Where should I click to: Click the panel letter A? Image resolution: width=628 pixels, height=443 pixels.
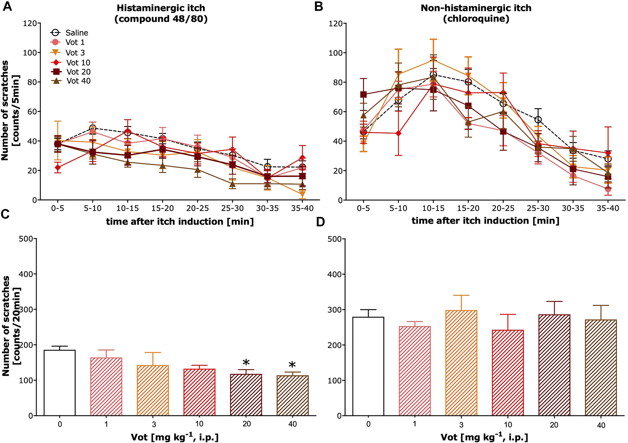coord(7,6)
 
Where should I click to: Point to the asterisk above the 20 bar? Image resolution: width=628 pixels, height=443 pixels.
coord(246,363)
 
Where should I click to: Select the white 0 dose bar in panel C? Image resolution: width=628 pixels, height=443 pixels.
coord(60,382)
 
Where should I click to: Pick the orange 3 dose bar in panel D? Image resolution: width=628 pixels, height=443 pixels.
coord(461,363)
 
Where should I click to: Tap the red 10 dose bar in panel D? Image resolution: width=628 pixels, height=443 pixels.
coord(508,373)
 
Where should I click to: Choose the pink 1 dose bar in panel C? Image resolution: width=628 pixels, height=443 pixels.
coord(106,386)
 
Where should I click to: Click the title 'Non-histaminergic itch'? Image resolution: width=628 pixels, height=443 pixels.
coord(476,8)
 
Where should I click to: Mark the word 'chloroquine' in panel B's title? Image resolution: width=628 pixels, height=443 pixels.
coord(476,18)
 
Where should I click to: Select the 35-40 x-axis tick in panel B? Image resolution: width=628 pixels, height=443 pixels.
coord(607,208)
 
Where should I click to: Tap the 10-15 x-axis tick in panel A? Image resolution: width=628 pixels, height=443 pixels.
coord(128,208)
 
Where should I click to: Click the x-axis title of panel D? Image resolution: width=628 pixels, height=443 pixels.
coord(484,437)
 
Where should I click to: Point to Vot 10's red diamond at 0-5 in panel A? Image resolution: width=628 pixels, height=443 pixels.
coord(58,167)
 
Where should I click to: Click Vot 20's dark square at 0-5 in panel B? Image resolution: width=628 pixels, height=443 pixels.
coord(363,94)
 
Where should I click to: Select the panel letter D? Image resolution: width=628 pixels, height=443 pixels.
coord(321,222)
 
